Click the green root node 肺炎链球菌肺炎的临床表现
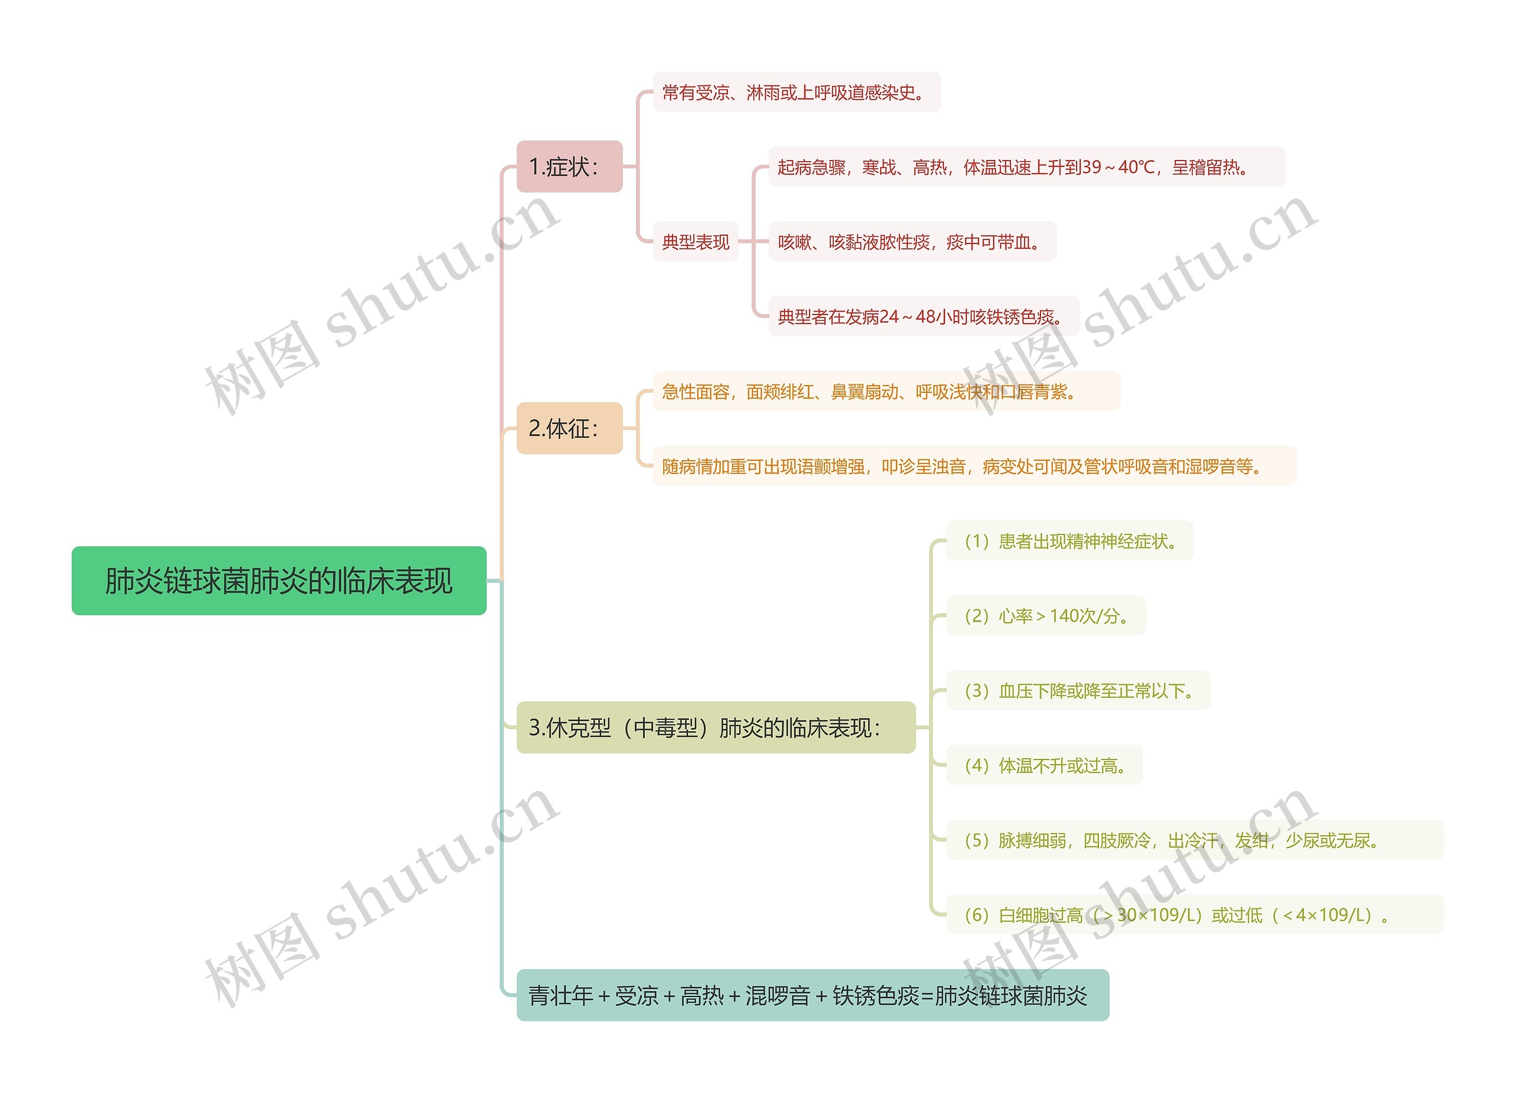pyautogui.click(x=279, y=580)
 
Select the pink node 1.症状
pyautogui.click(x=569, y=166)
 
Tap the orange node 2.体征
pyautogui.click(x=569, y=428)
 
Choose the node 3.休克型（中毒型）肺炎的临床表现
pyautogui.click(x=715, y=727)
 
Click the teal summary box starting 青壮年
pyautogui.click(x=812, y=995)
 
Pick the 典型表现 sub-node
pyautogui.click(x=695, y=241)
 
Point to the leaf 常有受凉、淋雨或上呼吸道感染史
pyautogui.click(x=796, y=92)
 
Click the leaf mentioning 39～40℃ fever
pyautogui.click(x=1026, y=167)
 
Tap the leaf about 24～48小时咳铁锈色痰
pyautogui.click(x=923, y=316)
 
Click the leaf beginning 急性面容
pyautogui.click(x=886, y=391)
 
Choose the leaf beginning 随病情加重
pyautogui.click(x=974, y=466)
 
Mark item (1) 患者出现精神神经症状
pyautogui.click(x=1069, y=541)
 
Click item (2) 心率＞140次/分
pyautogui.click(x=1045, y=616)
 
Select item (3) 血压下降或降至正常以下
pyautogui.click(x=1078, y=691)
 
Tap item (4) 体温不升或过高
pyautogui.click(x=1044, y=765)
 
